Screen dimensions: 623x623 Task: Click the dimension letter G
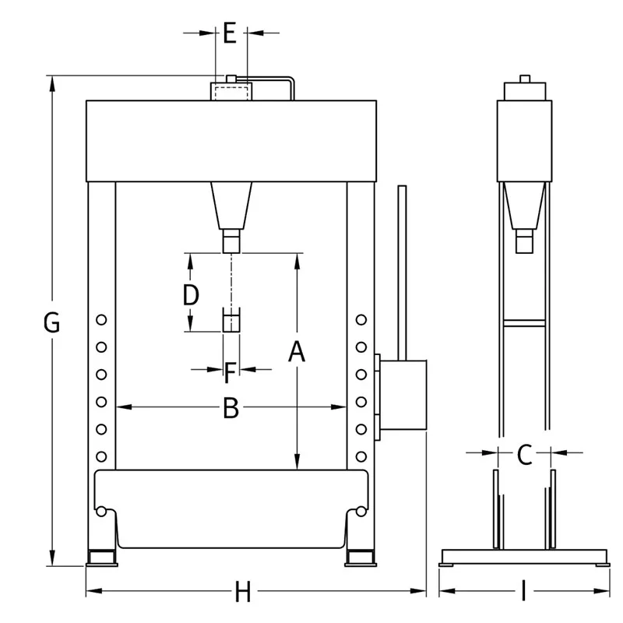tap(51, 322)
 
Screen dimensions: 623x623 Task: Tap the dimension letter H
tap(243, 591)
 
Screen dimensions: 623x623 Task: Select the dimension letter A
tap(297, 352)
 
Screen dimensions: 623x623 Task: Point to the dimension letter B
tap(231, 408)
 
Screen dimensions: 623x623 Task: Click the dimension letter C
tap(524, 455)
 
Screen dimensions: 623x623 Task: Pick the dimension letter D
tap(191, 295)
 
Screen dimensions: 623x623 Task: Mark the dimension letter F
tap(230, 373)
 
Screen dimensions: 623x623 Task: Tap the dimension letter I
tap(523, 591)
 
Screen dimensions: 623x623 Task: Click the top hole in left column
tap(101, 320)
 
